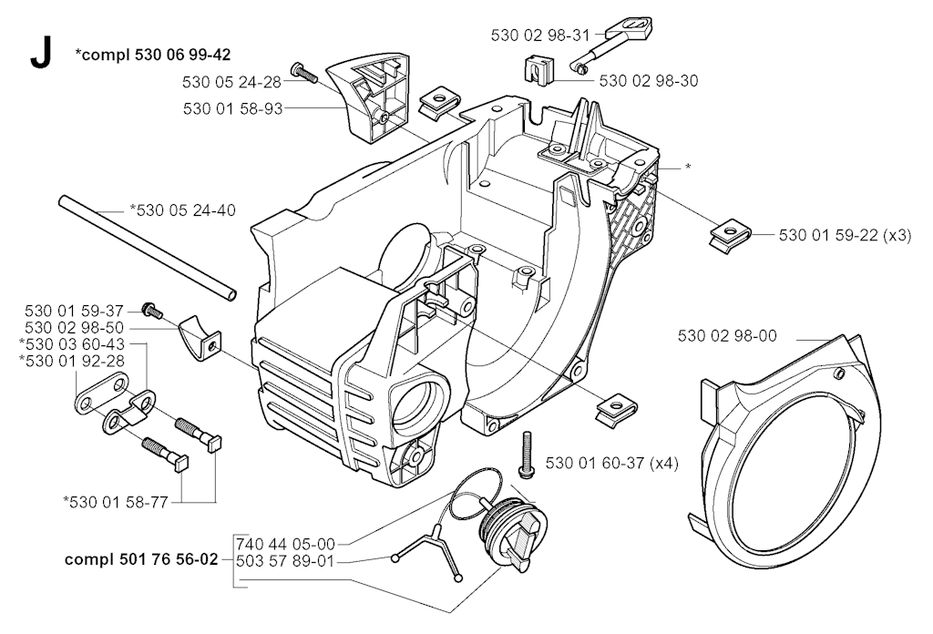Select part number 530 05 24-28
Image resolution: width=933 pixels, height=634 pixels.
232,82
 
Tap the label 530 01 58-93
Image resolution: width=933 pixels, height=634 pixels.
232,108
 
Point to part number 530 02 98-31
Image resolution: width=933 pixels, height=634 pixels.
539,36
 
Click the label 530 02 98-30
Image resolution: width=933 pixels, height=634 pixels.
649,80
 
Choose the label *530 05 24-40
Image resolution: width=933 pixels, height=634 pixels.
182,210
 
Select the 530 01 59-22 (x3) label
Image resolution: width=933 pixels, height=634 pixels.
845,236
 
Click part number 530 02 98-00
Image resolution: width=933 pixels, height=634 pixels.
727,336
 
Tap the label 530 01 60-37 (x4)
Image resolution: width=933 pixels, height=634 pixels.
611,463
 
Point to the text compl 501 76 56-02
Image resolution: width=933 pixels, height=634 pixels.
141,559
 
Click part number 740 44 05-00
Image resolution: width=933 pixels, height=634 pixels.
285,544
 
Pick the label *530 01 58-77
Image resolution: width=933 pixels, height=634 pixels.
116,503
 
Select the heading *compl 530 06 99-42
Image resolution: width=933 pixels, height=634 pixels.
153,55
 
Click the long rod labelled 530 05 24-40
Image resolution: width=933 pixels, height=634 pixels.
148,247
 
